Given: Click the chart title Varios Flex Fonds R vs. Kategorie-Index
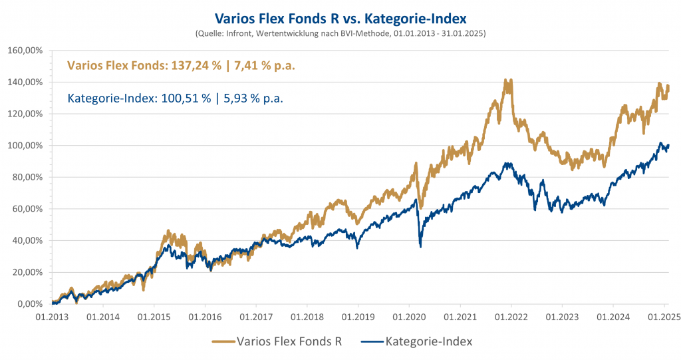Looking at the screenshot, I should pyautogui.click(x=340, y=17).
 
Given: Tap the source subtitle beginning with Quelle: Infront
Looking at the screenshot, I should pyautogui.click(x=340, y=33).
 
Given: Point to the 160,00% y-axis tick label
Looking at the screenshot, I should pyautogui.click(x=25, y=51).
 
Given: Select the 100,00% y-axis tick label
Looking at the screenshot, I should pyautogui.click(x=25, y=146).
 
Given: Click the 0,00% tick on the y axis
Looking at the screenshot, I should pyautogui.click(x=29, y=304).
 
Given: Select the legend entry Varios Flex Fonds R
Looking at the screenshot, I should pyautogui.click(x=291, y=341).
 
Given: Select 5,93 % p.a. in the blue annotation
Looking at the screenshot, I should pyautogui.click(x=249, y=98).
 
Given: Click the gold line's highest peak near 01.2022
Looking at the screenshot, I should pyautogui.click(x=508, y=80).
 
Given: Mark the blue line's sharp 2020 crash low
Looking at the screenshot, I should pyautogui.click(x=420, y=247).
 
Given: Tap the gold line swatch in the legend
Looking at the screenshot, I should pyautogui.click(x=224, y=341).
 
